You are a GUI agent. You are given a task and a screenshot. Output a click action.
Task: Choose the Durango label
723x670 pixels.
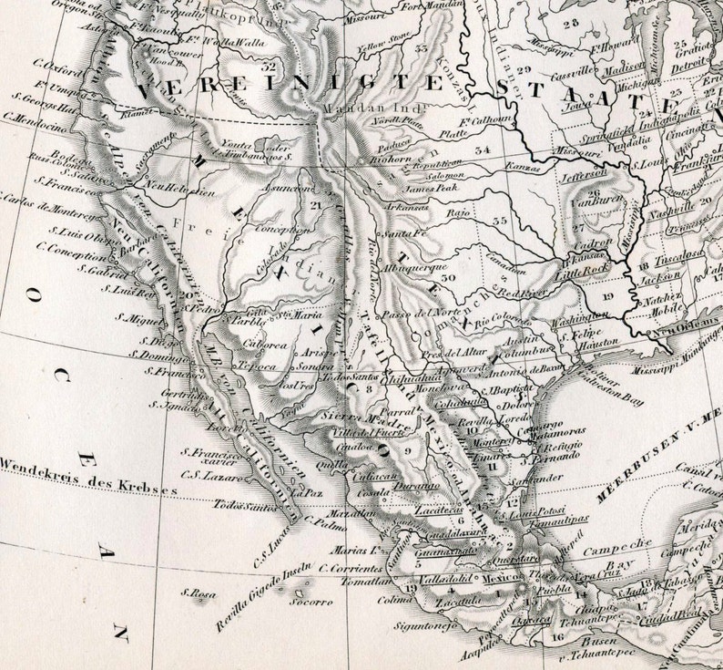pyautogui.click(x=417, y=488)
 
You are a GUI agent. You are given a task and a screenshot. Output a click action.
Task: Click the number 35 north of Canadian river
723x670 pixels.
pyautogui.click(x=499, y=221)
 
